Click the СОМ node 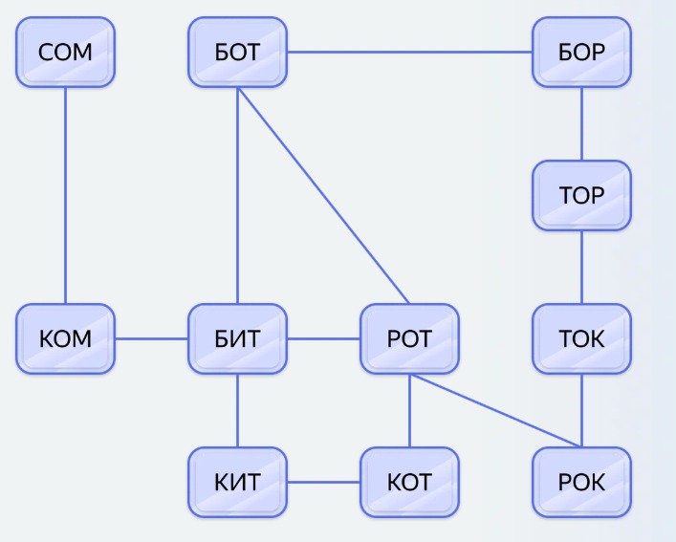tap(65, 52)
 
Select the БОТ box tap(237, 52)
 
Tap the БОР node tap(581, 52)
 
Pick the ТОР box tap(581, 195)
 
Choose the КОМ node tap(65, 338)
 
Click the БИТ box tap(237, 338)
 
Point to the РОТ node tap(409, 338)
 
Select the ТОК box tap(581, 338)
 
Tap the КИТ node tap(237, 482)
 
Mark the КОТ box tap(409, 482)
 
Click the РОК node tap(581, 482)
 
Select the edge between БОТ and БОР tap(409, 52)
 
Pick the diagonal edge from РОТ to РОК tap(495, 410)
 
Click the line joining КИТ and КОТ tap(323, 482)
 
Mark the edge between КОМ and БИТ tap(151, 338)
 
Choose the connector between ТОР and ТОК tap(581, 267)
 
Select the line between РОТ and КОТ tap(409, 410)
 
